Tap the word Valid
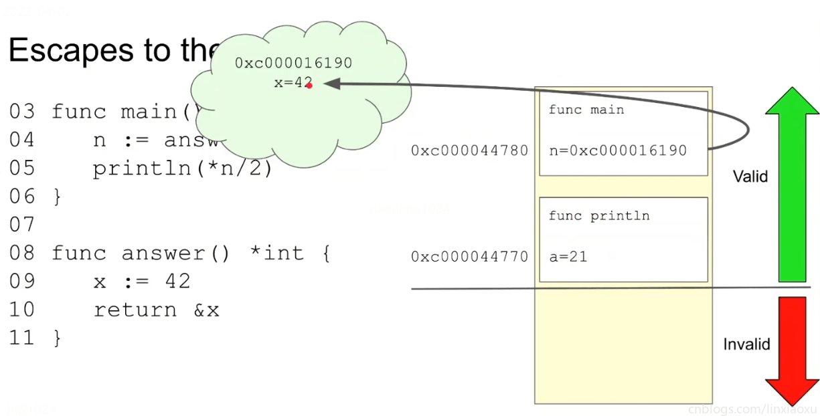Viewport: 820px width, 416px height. pos(750,177)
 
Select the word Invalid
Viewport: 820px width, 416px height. pos(746,344)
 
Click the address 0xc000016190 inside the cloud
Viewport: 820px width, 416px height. pos(293,64)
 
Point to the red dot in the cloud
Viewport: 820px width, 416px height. pos(309,86)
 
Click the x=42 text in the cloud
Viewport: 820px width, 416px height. pos(292,83)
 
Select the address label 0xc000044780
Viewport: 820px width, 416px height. pos(470,150)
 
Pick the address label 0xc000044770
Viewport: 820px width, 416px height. pos(470,257)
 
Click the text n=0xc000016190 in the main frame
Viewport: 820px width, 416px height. pos(618,150)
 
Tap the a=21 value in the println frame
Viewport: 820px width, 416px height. pos(568,257)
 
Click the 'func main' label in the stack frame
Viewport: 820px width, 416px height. pos(586,110)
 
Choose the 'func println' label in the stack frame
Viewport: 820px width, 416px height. pos(599,216)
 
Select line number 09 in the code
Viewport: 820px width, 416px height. pos(21,282)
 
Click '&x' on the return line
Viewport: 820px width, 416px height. pos(206,310)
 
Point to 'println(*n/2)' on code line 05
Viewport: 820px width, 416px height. pos(183,169)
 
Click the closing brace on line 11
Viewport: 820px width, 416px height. pos(58,338)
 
